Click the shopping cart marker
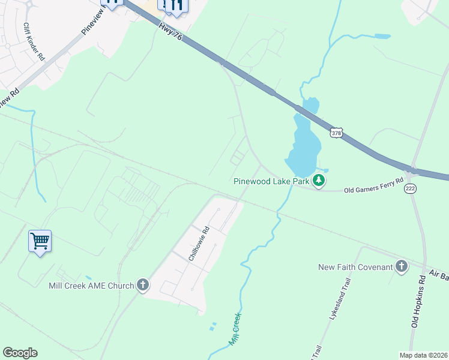[40, 241]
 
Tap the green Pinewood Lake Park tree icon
[320, 179]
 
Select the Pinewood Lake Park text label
[271, 180]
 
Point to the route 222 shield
[411, 188]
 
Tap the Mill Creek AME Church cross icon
[142, 285]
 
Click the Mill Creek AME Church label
[91, 286]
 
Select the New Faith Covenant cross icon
[402, 267]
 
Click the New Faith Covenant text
[355, 267]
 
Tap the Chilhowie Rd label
[199, 244]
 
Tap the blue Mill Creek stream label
[235, 329]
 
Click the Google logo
[20, 353]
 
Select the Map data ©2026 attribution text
[423, 355]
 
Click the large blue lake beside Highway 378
[302, 144]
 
